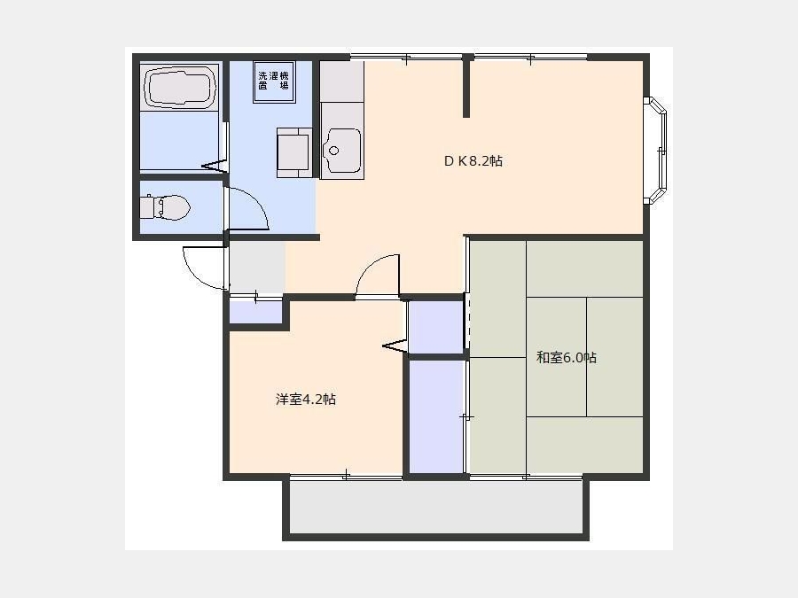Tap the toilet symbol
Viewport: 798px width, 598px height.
(164, 207)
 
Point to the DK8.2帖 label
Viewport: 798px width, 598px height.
(473, 161)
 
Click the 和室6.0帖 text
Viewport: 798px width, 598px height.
(566, 358)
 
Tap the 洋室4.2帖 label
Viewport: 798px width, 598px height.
(305, 400)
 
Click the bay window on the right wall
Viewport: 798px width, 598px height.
(656, 151)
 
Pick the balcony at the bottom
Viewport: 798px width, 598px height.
(436, 507)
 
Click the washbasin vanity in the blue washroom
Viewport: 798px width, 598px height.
(293, 152)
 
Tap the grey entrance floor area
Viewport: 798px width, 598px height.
(257, 267)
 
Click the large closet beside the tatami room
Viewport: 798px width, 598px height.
(437, 416)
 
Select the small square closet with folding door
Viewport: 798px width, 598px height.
(436, 326)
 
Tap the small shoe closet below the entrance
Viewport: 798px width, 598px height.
(255, 312)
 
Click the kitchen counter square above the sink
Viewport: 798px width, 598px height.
(341, 82)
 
